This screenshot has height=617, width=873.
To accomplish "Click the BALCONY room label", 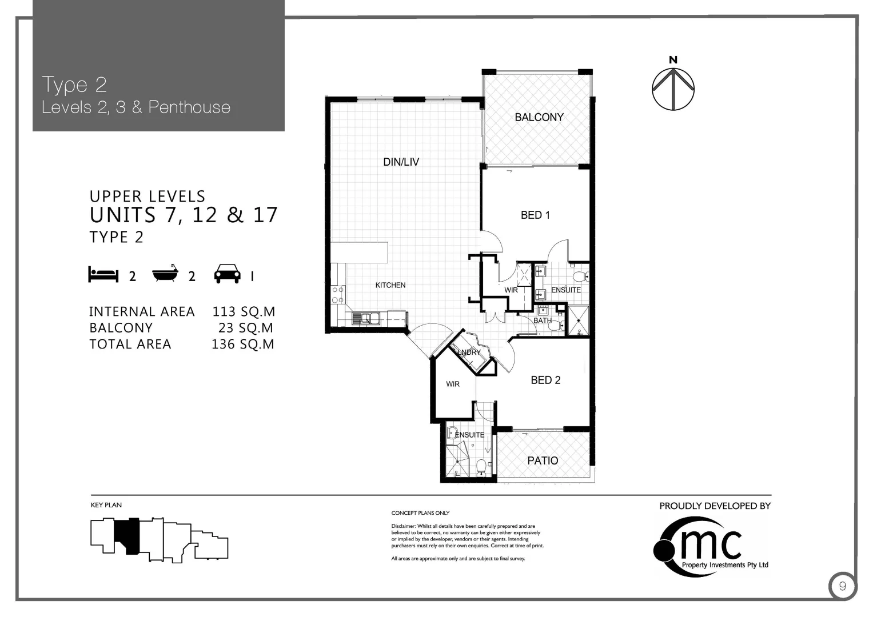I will coord(539,117).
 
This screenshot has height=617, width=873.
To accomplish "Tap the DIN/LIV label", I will coord(401,162).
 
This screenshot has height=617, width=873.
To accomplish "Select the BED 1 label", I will coord(535,215).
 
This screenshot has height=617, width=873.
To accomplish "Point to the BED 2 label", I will coord(545,380).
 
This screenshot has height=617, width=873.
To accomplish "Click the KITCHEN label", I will coord(390,285).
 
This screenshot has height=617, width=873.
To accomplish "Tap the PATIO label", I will coord(543,460).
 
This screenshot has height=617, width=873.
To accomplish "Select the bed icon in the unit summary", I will coord(103,275).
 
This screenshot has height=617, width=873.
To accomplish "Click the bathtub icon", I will coord(165,275).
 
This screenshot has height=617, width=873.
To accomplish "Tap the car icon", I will coord(227,275).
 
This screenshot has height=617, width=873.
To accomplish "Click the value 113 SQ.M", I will coord(244,312).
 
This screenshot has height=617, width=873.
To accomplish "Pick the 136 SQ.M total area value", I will coord(243,344).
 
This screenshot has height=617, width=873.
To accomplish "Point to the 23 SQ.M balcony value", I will coord(245,328).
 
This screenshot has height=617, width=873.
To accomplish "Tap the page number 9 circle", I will coord(842,587).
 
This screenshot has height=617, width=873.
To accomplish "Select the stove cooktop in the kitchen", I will coord(338,295).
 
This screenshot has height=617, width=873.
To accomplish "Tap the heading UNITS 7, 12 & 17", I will coord(184,215).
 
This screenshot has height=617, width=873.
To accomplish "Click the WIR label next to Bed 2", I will coord(453,384).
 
